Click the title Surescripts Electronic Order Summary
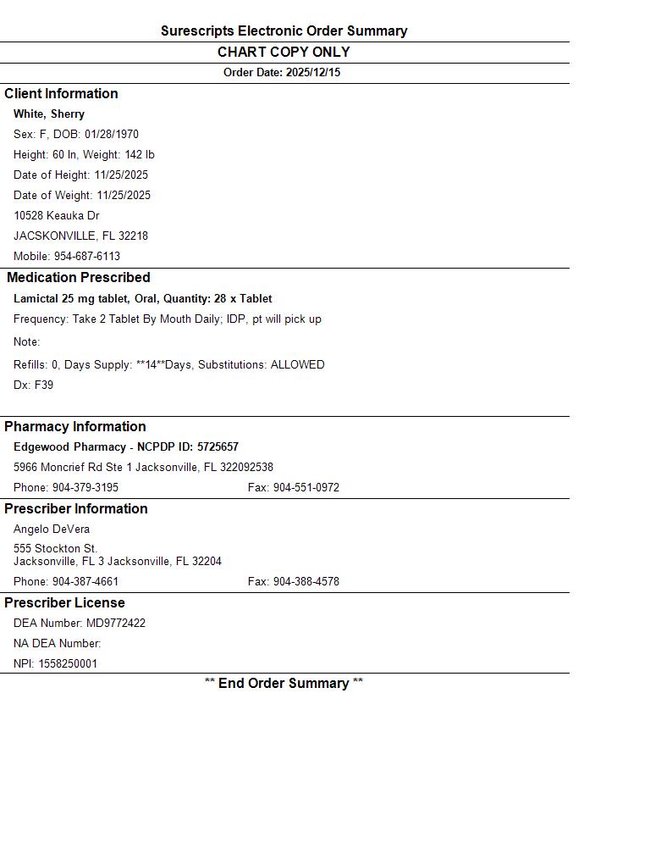[x=284, y=31]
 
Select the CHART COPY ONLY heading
[x=284, y=52]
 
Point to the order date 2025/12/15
[x=313, y=73]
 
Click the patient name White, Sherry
[x=49, y=114]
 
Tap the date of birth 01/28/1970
[x=112, y=135]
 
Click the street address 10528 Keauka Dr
[x=57, y=216]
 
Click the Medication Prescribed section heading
[x=79, y=278]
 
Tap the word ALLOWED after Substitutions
[x=297, y=365]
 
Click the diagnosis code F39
[x=44, y=385]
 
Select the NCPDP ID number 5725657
[x=218, y=447]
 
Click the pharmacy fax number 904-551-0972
[x=306, y=488]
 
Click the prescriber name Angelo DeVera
[x=52, y=530]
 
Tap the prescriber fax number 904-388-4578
[x=306, y=582]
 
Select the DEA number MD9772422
[x=116, y=624]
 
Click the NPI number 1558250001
[x=68, y=664]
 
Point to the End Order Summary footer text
[x=284, y=684]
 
